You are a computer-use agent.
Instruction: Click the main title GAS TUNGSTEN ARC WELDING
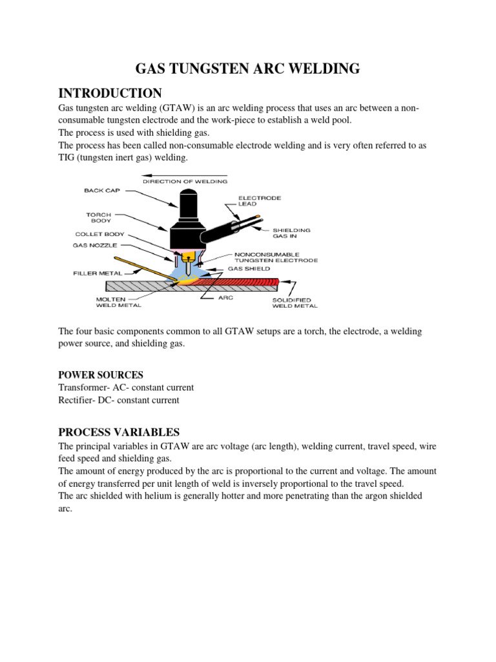tap(247, 69)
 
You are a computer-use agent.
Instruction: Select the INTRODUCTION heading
tap(110, 93)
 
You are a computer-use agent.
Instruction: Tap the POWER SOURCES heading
tap(101, 375)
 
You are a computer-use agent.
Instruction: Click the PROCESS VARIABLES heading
tap(119, 432)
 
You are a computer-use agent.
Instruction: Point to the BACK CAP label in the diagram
tap(98, 191)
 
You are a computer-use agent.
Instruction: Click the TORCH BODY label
tap(99, 217)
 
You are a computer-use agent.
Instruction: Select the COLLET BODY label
tap(99, 235)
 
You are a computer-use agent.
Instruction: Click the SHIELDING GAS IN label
tap(291, 233)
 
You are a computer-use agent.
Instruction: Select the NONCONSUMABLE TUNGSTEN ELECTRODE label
tap(276, 257)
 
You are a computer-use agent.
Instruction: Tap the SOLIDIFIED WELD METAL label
tap(291, 303)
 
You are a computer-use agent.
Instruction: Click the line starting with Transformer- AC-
tap(126, 388)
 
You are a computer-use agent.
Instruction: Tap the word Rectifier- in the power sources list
tap(77, 400)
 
